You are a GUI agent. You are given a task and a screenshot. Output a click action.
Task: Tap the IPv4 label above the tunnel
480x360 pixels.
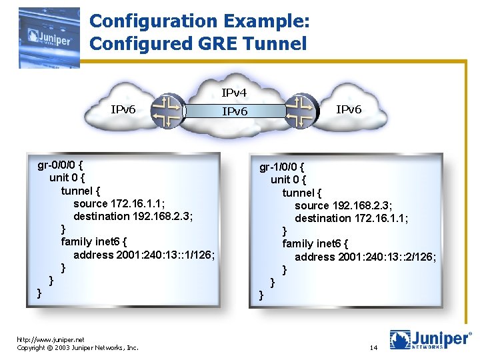click(234, 93)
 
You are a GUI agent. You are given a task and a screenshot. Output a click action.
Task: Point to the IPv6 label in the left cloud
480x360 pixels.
click(123, 109)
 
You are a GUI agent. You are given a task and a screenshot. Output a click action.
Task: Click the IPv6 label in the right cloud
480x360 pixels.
click(349, 109)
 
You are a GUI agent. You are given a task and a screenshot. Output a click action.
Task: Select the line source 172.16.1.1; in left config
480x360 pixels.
click(119, 203)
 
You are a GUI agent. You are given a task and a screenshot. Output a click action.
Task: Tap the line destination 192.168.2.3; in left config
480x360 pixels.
click(133, 216)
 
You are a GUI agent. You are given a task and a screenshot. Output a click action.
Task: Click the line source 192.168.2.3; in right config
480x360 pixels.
click(343, 205)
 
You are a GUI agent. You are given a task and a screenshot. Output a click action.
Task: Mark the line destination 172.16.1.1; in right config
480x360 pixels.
click(351, 218)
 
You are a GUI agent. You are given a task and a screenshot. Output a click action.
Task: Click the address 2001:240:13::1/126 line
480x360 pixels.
click(144, 255)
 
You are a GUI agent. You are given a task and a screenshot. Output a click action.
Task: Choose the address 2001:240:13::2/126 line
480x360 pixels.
click(365, 257)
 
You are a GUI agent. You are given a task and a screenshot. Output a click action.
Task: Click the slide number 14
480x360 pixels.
click(373, 348)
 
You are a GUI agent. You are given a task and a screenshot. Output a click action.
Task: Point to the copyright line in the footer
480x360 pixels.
click(77, 347)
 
